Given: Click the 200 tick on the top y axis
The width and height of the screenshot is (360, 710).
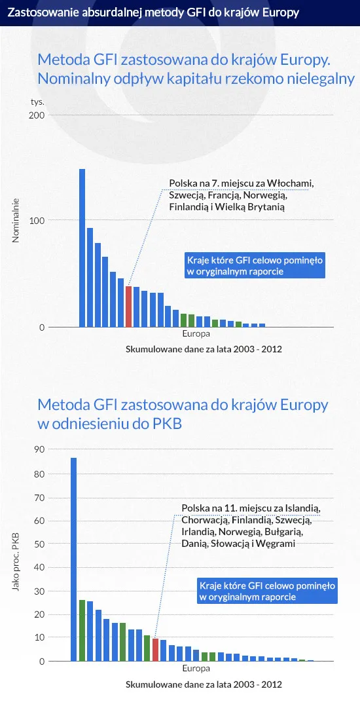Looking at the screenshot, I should (37, 115).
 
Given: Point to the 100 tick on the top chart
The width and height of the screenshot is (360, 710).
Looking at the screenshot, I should (37, 221).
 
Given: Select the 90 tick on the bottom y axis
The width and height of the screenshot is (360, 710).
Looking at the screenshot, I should (39, 449).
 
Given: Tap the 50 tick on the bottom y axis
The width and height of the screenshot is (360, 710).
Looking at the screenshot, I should (39, 544).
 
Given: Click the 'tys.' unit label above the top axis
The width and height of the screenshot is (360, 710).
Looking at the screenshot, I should (37, 102).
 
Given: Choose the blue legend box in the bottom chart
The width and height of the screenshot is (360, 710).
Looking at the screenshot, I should (267, 591).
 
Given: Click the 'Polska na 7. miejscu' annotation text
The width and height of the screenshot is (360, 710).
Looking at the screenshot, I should (242, 195).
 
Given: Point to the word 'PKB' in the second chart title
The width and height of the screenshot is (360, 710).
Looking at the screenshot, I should (166, 424).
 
